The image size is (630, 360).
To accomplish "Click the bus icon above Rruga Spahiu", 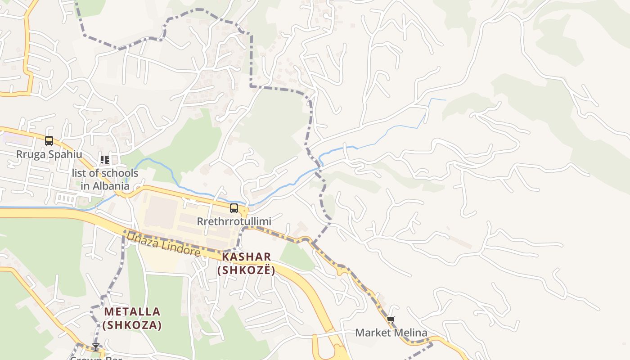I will coord(49,141).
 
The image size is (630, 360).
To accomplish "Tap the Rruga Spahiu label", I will coord(49,154).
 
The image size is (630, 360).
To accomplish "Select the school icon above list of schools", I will coord(105,160).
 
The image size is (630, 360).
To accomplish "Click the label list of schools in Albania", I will coord(105,179).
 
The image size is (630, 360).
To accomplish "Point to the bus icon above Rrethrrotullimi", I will coord(234,208).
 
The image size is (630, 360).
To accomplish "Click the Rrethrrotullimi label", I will coord(234,222).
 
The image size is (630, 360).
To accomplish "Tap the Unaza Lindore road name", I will coord(163,244).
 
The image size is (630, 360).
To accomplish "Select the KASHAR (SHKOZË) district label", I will coord(246,263).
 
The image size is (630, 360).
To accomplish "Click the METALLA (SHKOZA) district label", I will coord(132,318).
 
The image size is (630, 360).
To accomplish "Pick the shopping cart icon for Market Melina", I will coord(391,320).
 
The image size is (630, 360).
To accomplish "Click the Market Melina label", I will coord(391,333).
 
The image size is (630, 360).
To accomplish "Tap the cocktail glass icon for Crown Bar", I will coord(96,347).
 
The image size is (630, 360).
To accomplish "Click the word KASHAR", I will coord(246,257).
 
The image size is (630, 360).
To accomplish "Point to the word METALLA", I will coord(132,311).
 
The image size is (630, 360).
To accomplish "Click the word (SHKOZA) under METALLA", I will coord(132,325).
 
